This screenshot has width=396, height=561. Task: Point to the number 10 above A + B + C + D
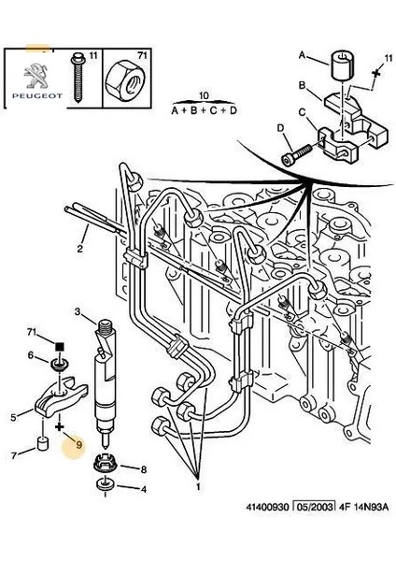205,95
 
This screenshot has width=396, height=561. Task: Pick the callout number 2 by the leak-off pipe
81,250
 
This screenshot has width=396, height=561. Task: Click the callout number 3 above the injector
78,310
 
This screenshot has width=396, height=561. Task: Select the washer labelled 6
59,360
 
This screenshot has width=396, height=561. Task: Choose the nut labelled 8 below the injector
103,466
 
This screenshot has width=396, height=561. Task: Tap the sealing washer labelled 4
102,487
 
